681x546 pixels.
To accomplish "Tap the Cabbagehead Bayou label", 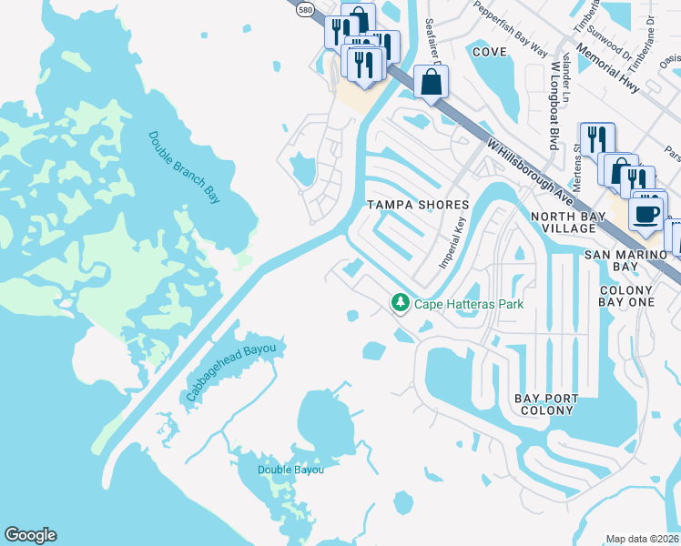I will pos(236,371).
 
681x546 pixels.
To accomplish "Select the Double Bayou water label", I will pos(290,470).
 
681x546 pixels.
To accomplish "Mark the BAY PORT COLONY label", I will pos(544,404).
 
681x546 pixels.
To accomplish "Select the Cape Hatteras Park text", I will pos(469,304).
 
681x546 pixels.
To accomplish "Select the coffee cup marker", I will pos(647,215).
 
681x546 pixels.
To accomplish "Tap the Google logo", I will pos(30,535).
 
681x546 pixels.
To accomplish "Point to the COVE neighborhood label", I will pos(490,52).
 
